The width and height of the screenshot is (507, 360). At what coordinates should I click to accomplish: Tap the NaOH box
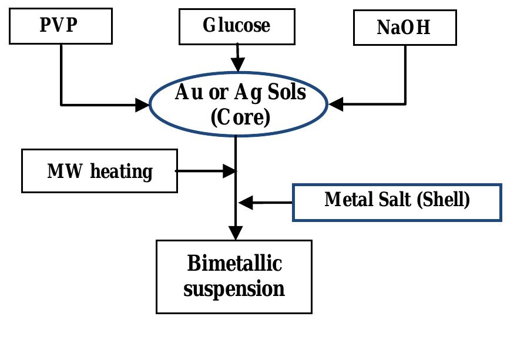(x=405, y=28)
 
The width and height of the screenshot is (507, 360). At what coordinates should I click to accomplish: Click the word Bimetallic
(x=234, y=264)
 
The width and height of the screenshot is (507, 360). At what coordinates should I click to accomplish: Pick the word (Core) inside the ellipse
(x=240, y=117)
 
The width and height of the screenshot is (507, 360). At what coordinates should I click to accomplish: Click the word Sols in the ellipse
(x=287, y=93)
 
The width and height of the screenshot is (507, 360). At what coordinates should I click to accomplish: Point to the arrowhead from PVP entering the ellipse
(x=143, y=105)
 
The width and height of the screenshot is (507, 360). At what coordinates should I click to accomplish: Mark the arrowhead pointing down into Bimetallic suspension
(x=236, y=233)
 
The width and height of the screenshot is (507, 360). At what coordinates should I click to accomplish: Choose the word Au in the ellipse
(x=187, y=93)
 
